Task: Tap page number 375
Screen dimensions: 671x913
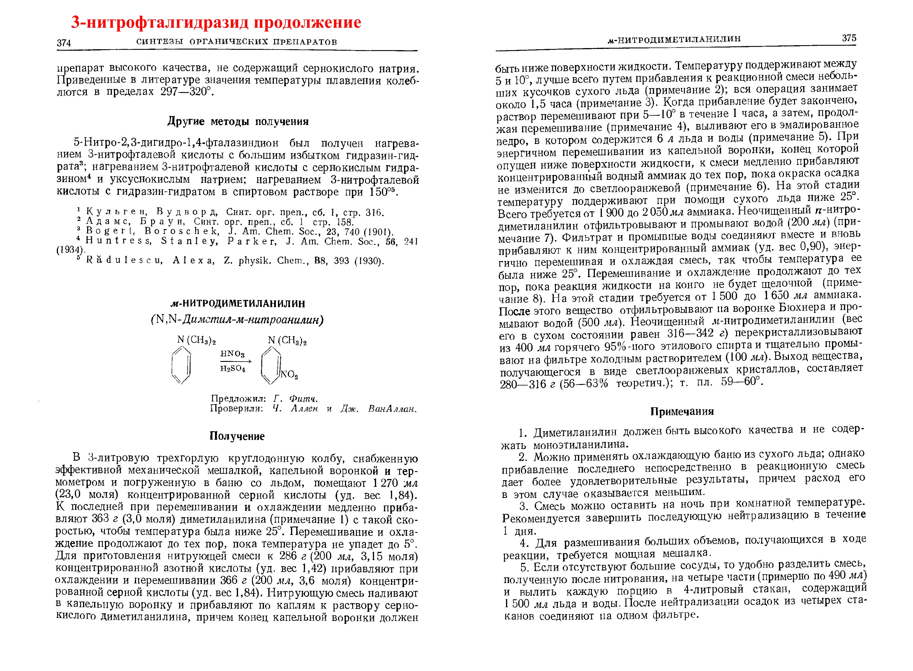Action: (849, 38)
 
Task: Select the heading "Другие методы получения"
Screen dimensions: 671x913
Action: (238, 121)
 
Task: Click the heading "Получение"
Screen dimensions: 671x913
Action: (237, 436)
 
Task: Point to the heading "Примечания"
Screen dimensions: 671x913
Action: (682, 411)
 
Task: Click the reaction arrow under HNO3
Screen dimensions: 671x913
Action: (236, 361)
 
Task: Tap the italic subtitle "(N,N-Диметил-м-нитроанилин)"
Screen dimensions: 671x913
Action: (237, 320)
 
